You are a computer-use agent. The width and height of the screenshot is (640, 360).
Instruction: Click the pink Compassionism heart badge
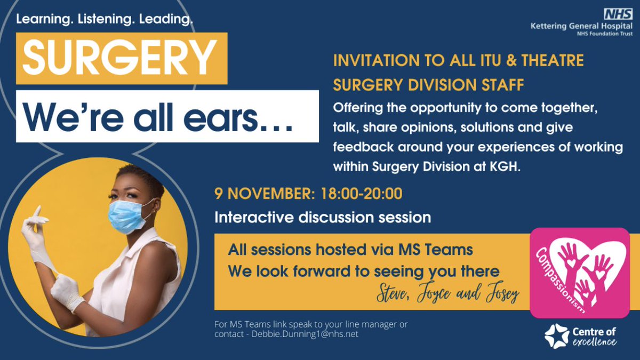580,273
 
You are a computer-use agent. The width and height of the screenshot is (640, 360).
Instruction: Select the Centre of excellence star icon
556,335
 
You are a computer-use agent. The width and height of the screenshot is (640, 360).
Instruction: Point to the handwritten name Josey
500,295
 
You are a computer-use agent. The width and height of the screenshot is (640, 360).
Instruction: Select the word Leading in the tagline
166,20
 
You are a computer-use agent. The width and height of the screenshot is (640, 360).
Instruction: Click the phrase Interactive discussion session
323,218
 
